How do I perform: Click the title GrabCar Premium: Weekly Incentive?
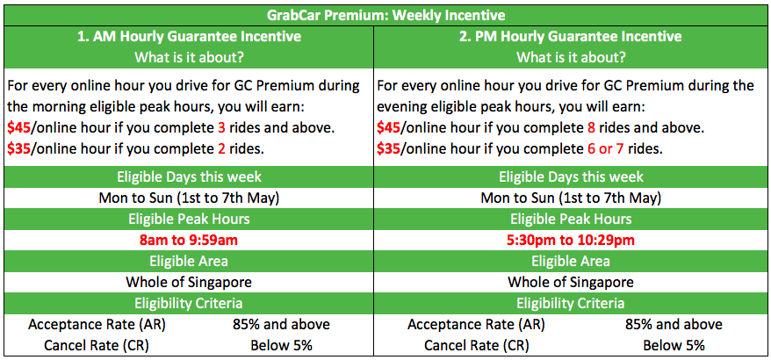[x=385, y=15]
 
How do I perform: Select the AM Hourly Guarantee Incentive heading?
[x=190, y=36]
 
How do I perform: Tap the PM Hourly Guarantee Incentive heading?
[x=571, y=36]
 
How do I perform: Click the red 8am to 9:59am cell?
[x=190, y=241]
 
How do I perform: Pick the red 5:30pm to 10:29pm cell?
[x=571, y=241]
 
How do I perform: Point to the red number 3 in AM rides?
[x=222, y=128]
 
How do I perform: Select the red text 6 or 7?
[x=602, y=149]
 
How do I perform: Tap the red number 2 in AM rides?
[x=221, y=149]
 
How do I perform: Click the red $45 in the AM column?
[x=18, y=128]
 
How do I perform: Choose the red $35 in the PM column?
[x=388, y=149]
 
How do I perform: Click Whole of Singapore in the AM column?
[x=190, y=283]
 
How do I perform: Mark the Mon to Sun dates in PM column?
[x=571, y=198]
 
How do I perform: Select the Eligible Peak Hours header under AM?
[x=190, y=219]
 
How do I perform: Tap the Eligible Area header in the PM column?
[x=571, y=261]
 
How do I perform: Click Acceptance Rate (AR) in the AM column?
[x=96, y=325]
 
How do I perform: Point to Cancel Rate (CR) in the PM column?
[x=477, y=346]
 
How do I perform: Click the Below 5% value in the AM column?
[x=281, y=346]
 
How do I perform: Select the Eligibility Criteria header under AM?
[x=190, y=303]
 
